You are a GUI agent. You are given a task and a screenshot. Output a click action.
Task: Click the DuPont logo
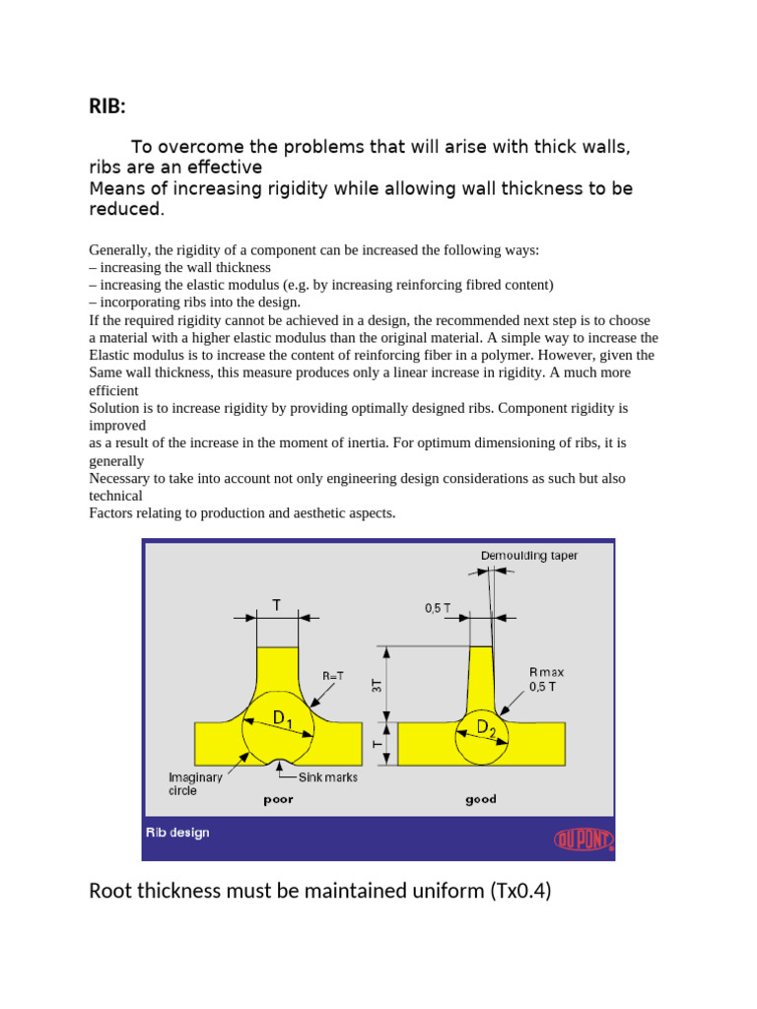582,839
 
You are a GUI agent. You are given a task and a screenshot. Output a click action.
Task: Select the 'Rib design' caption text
177,833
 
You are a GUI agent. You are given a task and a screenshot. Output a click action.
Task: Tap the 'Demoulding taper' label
529,556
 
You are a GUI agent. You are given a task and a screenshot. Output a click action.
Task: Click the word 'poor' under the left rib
278,799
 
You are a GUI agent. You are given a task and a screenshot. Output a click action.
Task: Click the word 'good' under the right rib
480,799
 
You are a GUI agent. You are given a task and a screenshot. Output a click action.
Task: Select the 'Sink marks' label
327,777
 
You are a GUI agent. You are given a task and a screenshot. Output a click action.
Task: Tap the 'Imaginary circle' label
196,783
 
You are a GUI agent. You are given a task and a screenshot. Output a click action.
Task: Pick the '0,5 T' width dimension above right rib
439,609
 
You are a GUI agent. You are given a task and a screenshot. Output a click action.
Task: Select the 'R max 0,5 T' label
546,679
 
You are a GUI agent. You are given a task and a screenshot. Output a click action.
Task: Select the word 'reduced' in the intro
124,210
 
